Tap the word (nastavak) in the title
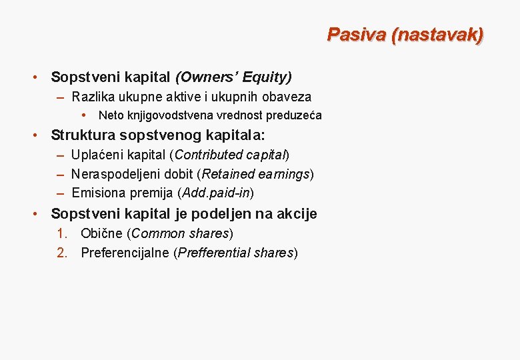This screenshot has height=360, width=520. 438,35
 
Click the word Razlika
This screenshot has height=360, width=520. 93,97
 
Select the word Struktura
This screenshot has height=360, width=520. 83,135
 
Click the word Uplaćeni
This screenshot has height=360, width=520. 97,155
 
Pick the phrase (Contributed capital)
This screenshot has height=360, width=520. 229,155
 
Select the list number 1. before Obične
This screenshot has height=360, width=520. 62,234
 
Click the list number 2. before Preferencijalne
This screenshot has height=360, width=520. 62,253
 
